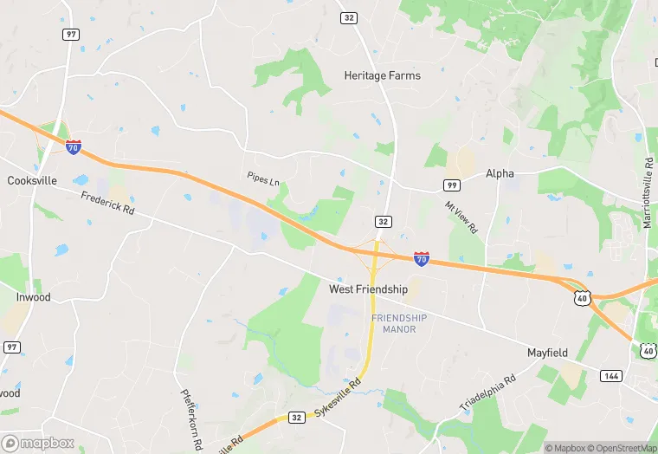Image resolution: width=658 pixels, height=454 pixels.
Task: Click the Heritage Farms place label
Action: tap(382, 75)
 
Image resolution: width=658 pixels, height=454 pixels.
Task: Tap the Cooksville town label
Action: tap(32, 181)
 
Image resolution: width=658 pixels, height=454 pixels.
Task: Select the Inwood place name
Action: tap(33, 297)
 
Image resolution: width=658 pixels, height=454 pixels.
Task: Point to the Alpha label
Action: tap(500, 173)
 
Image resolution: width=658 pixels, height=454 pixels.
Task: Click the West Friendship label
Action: tap(368, 289)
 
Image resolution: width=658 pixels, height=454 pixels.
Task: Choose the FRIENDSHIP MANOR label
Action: tap(399, 324)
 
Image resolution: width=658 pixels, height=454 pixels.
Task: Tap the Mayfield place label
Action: tap(548, 353)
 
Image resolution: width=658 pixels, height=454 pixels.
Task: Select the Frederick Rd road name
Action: tap(109, 204)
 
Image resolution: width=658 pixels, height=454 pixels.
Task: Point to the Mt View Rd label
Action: tap(461, 217)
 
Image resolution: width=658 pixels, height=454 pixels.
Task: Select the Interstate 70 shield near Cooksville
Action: tap(74, 147)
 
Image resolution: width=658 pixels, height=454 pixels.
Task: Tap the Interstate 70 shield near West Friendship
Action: tap(421, 258)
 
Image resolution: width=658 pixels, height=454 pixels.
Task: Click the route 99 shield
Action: tap(451, 185)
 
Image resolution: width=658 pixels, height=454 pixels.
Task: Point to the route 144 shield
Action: tap(611, 375)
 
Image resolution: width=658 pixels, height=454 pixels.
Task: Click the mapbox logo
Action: tap(38, 443)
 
